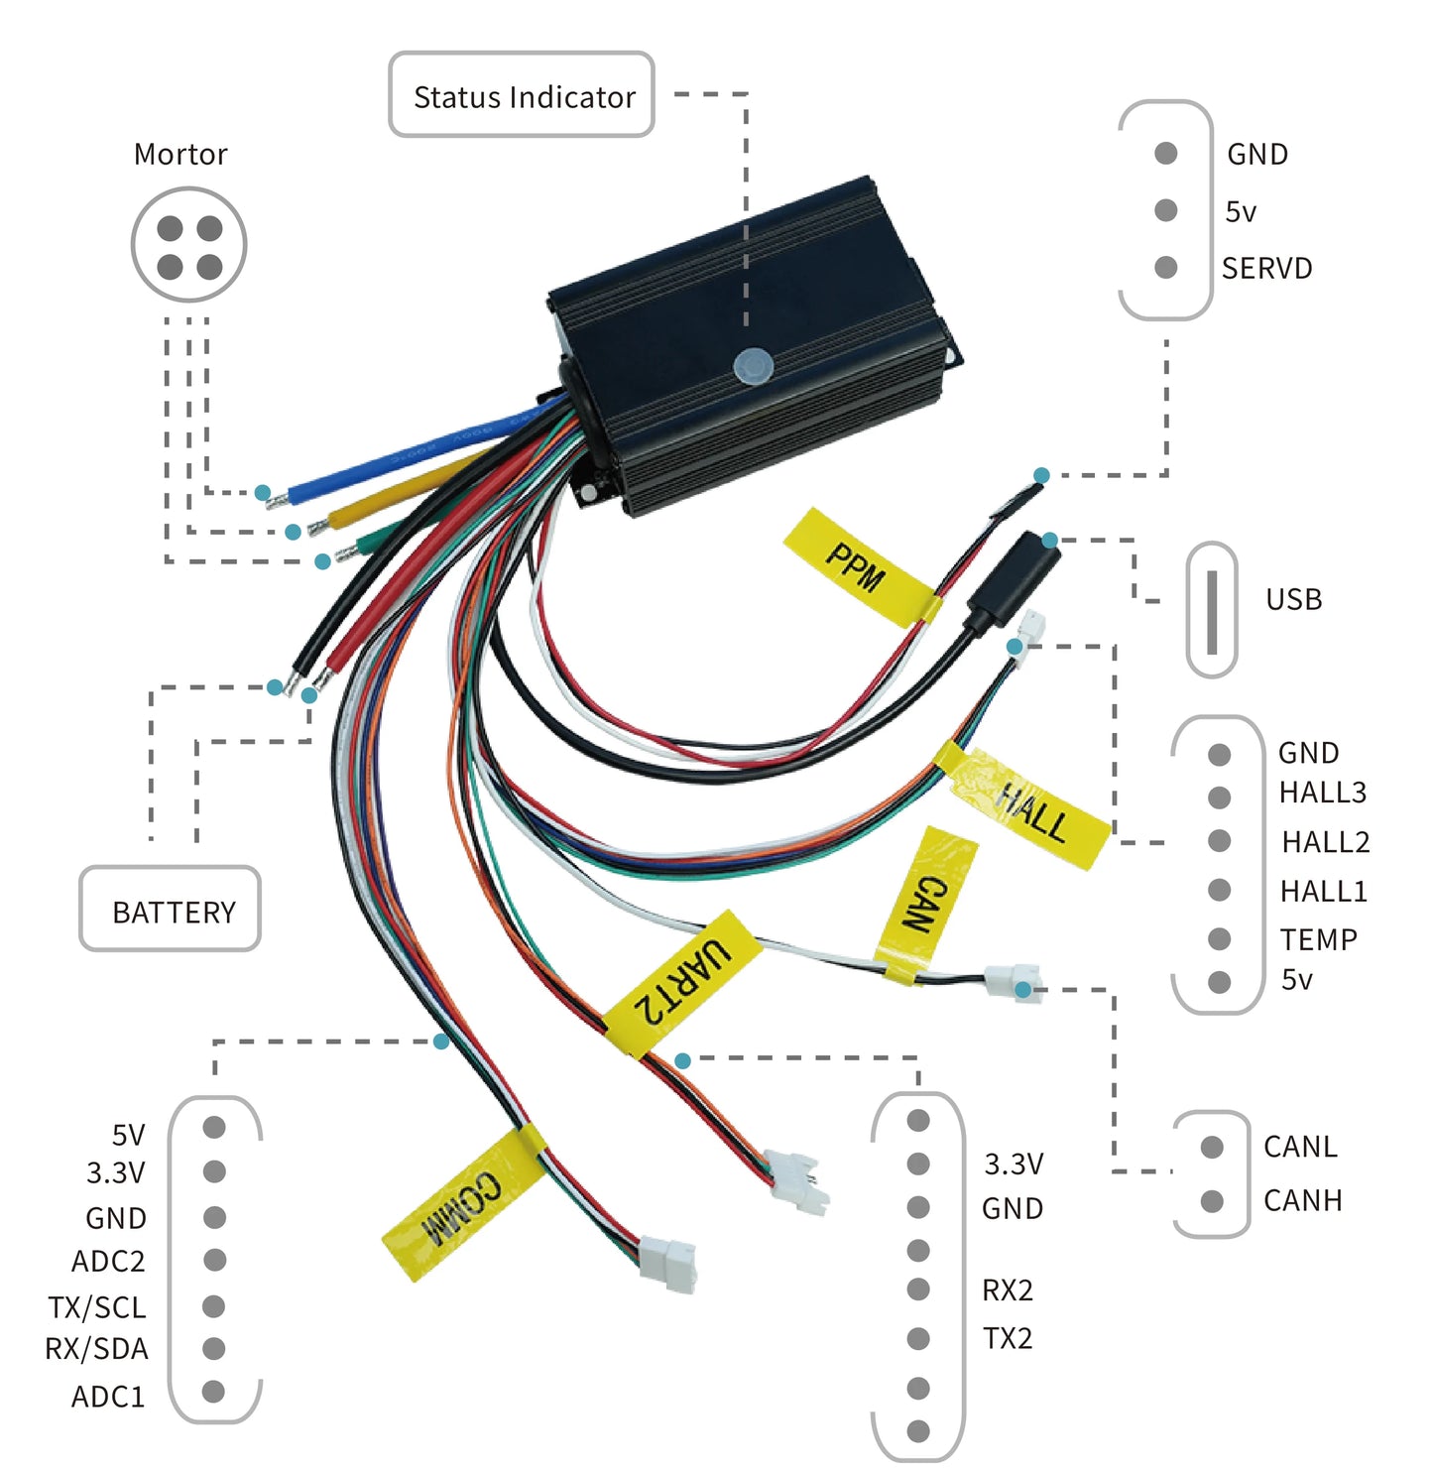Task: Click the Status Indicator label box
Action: coord(522,95)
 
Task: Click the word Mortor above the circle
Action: coord(180,154)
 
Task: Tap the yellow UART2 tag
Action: coord(683,982)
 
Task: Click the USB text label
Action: coord(1293,599)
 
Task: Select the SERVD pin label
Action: coord(1266,268)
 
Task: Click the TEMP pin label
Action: coord(1318,938)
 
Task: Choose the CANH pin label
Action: coord(1302,1200)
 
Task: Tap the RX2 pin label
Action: coord(1008,1289)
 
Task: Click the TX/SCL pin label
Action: coord(97,1306)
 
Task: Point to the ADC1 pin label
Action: coord(108,1396)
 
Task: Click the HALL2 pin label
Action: coord(1325,841)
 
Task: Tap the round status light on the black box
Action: coord(753,365)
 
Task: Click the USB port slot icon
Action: coord(1211,609)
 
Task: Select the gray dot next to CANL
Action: coord(1211,1147)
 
